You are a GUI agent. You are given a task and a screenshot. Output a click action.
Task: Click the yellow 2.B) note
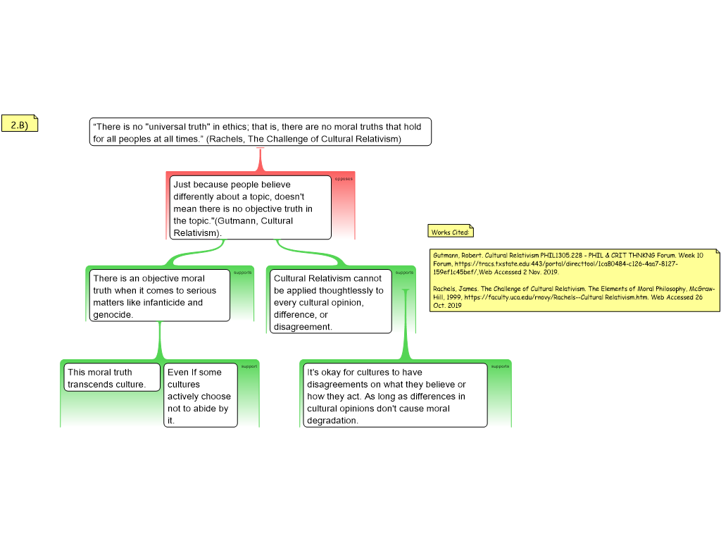click(x=19, y=125)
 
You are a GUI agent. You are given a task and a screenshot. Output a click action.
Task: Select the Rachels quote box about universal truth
click(x=260, y=132)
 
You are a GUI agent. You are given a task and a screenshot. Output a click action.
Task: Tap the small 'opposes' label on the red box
click(x=344, y=179)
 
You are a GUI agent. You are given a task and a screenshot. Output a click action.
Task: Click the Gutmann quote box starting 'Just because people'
click(x=251, y=208)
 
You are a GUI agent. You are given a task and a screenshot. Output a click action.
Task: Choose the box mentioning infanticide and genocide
click(x=159, y=297)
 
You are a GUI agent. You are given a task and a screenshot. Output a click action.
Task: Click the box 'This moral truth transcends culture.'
click(x=112, y=378)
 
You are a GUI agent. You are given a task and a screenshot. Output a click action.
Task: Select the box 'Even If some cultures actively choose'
click(x=200, y=395)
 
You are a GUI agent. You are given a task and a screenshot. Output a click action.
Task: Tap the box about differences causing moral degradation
click(x=394, y=395)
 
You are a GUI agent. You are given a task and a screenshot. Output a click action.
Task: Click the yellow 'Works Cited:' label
click(x=451, y=232)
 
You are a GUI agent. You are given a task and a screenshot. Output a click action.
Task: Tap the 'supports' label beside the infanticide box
click(x=242, y=272)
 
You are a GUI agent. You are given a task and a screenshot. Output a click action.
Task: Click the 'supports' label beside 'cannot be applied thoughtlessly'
click(x=404, y=272)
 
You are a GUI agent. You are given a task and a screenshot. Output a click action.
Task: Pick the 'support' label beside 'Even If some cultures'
click(x=249, y=366)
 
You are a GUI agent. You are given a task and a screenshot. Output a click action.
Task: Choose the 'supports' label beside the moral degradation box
click(x=500, y=366)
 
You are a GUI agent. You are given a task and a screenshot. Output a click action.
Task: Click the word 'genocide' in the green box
click(x=113, y=315)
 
